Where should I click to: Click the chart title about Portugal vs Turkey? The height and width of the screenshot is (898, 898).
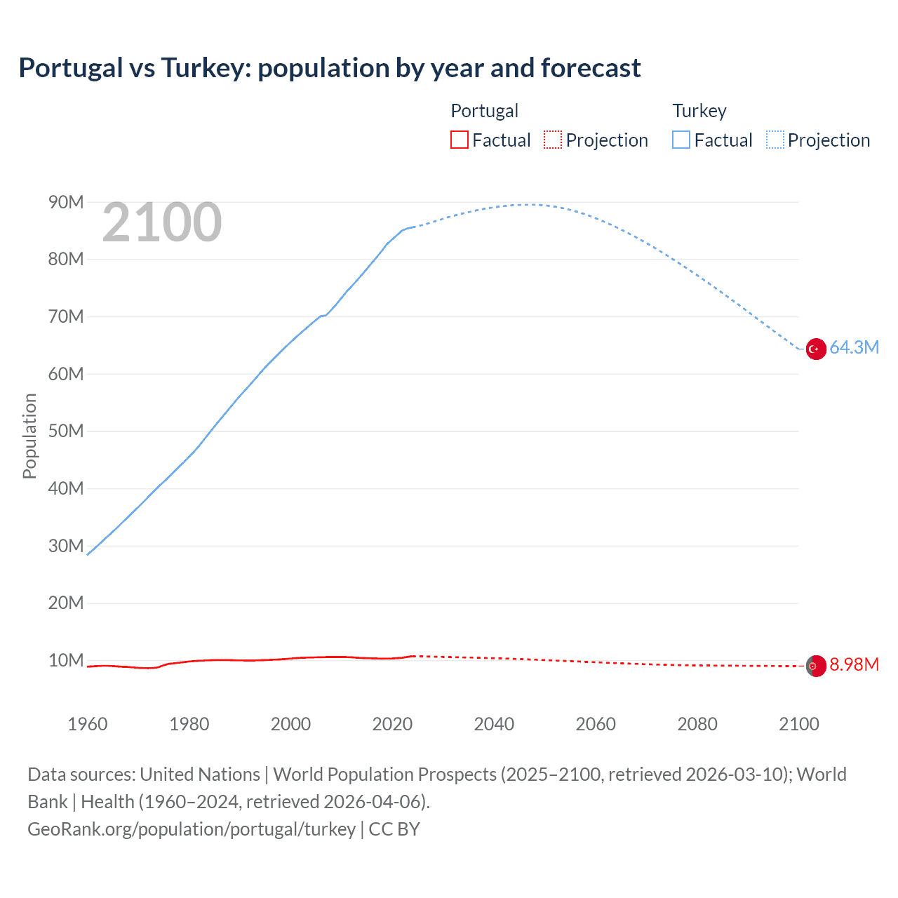point(329,68)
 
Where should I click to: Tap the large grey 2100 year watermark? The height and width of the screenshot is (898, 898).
point(162,223)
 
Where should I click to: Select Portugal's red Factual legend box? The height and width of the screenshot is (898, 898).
point(459,140)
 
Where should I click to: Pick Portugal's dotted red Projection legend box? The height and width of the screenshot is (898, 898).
point(553,140)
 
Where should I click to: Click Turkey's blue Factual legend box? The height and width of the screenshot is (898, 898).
point(681,140)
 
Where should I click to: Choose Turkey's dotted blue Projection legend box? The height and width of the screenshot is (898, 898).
point(775,140)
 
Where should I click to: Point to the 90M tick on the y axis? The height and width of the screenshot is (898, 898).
point(66,203)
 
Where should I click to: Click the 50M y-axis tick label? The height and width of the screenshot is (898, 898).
point(66,431)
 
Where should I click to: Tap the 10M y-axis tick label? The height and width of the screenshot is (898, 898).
point(66,660)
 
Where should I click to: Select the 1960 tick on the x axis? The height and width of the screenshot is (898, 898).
point(88,724)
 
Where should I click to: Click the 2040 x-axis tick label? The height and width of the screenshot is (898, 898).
point(494,724)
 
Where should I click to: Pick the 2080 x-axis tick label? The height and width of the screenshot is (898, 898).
point(697,724)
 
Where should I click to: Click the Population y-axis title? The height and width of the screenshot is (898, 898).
point(29,436)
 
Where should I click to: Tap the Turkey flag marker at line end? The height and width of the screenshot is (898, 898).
point(815,349)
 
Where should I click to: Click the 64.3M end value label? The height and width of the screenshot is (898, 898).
point(854,347)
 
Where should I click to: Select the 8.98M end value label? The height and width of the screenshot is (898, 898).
point(854,664)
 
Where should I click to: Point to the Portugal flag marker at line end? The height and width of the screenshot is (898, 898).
point(815,666)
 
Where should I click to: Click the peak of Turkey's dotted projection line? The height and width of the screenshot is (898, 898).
point(528,204)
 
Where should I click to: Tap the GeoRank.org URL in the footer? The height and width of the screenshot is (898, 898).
point(192,829)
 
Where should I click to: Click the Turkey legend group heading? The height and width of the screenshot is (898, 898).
point(699,111)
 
